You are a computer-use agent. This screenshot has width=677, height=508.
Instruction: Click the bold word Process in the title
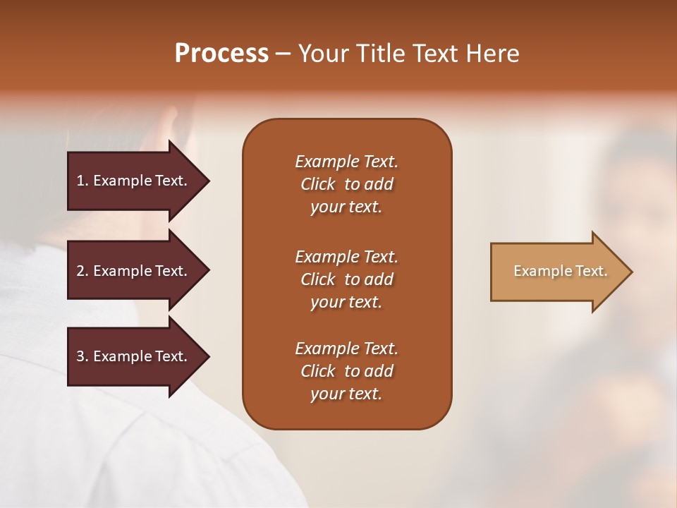coord(221,54)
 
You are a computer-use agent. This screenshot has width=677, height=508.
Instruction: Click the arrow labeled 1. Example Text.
coord(134,181)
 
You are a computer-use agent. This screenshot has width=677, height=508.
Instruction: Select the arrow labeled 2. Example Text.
coord(134,271)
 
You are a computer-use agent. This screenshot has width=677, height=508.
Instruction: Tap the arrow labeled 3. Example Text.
coord(134,356)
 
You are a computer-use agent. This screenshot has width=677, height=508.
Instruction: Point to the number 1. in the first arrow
coord(83,181)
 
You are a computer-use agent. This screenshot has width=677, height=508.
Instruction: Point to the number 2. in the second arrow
coord(83,271)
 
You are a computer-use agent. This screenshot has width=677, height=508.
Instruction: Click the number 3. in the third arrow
coord(83,356)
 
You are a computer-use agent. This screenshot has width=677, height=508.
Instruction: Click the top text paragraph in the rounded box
coord(346,184)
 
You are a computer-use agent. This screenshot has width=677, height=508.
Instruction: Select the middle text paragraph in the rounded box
coord(346,279)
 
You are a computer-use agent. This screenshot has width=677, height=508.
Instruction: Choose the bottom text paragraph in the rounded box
coord(346,371)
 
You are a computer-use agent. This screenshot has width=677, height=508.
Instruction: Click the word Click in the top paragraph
coord(318,184)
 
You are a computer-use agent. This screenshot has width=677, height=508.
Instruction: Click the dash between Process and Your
coord(283,54)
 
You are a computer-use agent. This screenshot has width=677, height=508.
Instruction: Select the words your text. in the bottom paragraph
coord(346,394)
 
